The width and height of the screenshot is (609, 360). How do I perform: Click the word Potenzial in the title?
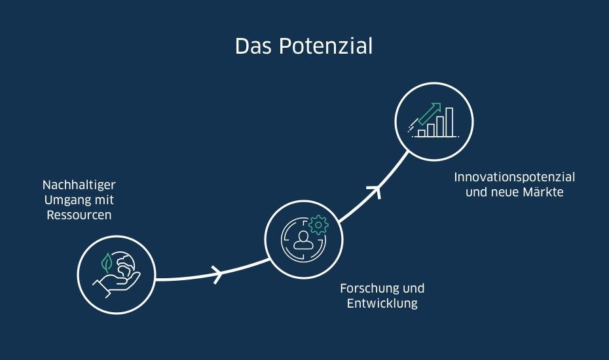pos(326,46)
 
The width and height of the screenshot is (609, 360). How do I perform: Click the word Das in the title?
pos(253,46)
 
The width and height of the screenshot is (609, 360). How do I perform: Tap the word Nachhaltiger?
pos(79,185)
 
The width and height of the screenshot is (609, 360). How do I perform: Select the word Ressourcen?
pos(79,215)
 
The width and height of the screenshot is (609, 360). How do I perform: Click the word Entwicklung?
pos(382,303)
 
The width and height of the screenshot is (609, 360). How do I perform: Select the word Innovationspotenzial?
pos(515,177)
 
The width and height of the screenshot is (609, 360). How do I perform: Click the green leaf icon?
pos(107,262)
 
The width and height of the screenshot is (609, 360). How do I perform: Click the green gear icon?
pos(318,225)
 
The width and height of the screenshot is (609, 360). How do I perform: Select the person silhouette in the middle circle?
pos(303,240)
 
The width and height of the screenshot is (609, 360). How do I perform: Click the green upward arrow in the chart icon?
pos(430,113)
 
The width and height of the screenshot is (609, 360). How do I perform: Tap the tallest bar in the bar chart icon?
pos(449,122)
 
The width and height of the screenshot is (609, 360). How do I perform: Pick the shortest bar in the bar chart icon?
pos(422,134)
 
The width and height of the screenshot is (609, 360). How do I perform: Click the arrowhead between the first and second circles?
pos(218,274)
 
